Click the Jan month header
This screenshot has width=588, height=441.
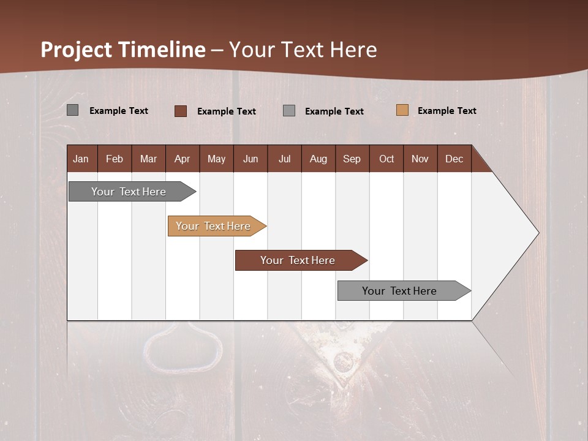point(81,159)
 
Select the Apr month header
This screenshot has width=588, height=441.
point(182,159)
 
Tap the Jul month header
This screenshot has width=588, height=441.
point(284,159)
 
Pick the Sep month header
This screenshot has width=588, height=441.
point(352,159)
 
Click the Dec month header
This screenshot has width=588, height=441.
point(454,159)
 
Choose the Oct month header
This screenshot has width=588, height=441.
point(386,159)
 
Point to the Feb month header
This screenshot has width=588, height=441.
point(115,159)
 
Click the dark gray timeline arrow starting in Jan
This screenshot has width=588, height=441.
point(129,192)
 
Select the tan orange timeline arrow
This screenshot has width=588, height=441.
point(213,226)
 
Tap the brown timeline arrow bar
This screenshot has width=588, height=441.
point(298,260)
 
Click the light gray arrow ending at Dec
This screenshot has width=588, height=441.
point(399,291)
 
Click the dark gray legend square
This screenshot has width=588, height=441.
point(72,110)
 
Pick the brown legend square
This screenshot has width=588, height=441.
point(180,111)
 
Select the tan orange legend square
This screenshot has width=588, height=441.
point(402,110)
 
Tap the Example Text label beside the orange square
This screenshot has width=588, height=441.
point(447,111)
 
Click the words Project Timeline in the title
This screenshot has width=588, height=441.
point(123,50)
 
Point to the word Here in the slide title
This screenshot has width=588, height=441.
point(353,50)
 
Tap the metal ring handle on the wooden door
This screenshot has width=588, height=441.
point(183,349)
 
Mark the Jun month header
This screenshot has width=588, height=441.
point(251,159)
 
